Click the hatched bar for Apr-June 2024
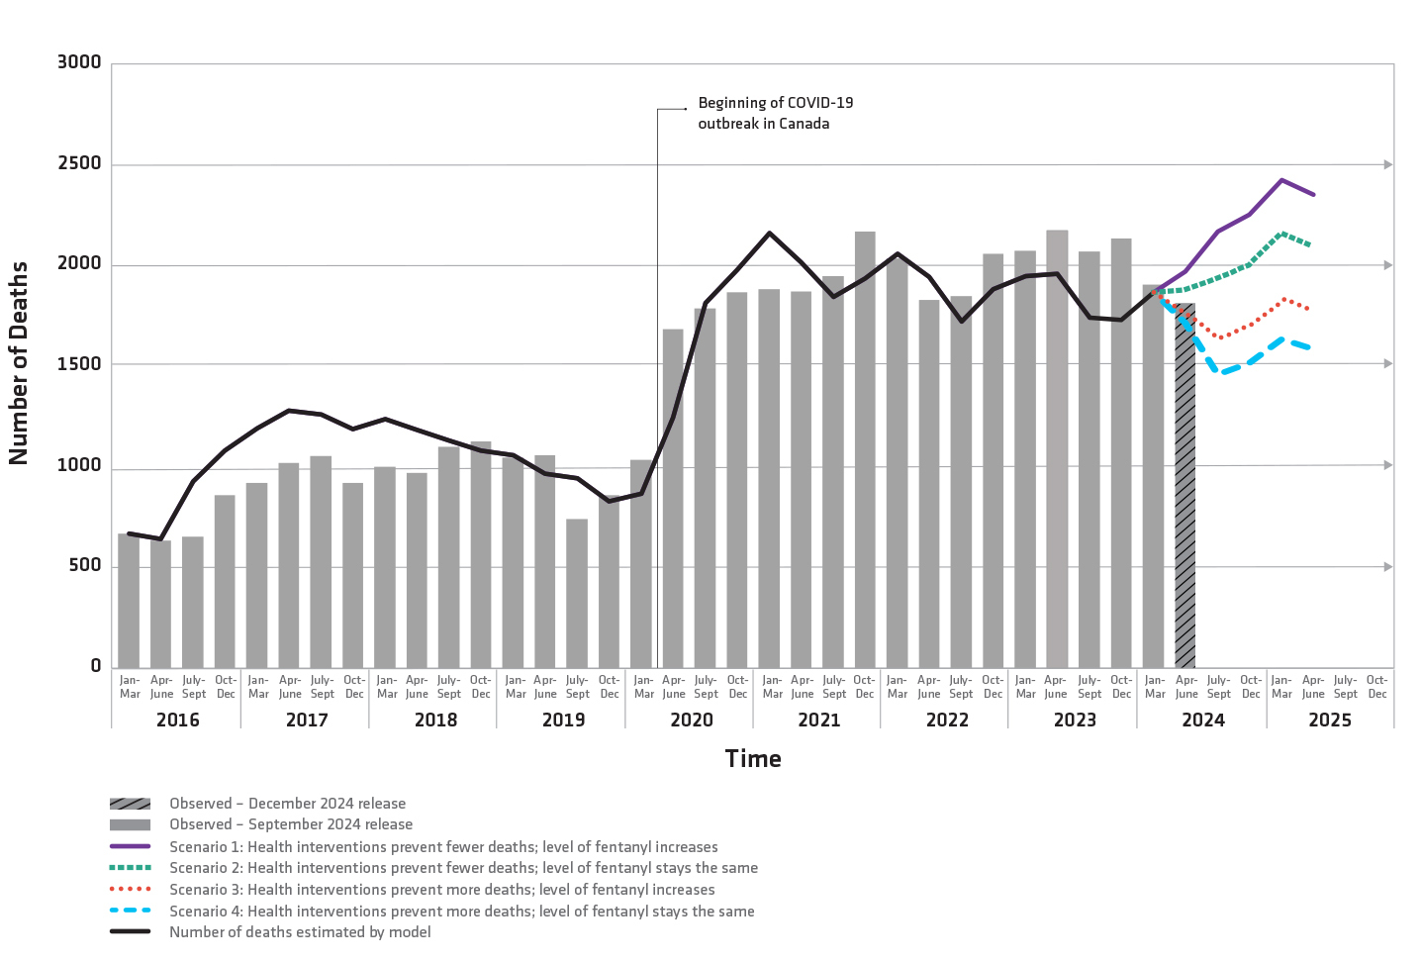pyautogui.click(x=1184, y=485)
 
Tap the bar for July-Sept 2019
pyautogui.click(x=577, y=594)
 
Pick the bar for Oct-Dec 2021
pyautogui.click(x=865, y=450)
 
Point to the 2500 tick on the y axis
pyautogui.click(x=79, y=163)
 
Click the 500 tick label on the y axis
pyautogui.click(x=85, y=565)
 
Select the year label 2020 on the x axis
pyautogui.click(x=692, y=720)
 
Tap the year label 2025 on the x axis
pyautogui.click(x=1330, y=720)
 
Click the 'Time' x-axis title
pyautogui.click(x=753, y=759)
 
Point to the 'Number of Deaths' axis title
pyautogui.click(x=19, y=363)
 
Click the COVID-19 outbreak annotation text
pyautogui.click(x=775, y=113)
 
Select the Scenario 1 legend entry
pyautogui.click(x=443, y=847)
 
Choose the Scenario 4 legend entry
pyautogui.click(x=461, y=912)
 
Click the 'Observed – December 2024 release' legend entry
pyautogui.click(x=287, y=804)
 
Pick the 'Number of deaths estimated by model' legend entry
pyautogui.click(x=300, y=932)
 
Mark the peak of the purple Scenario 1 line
pyautogui.click(x=1281, y=180)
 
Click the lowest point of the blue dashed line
pyautogui.click(x=1221, y=373)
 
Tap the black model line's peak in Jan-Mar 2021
pyautogui.click(x=770, y=234)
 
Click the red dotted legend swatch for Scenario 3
pyautogui.click(x=130, y=890)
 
